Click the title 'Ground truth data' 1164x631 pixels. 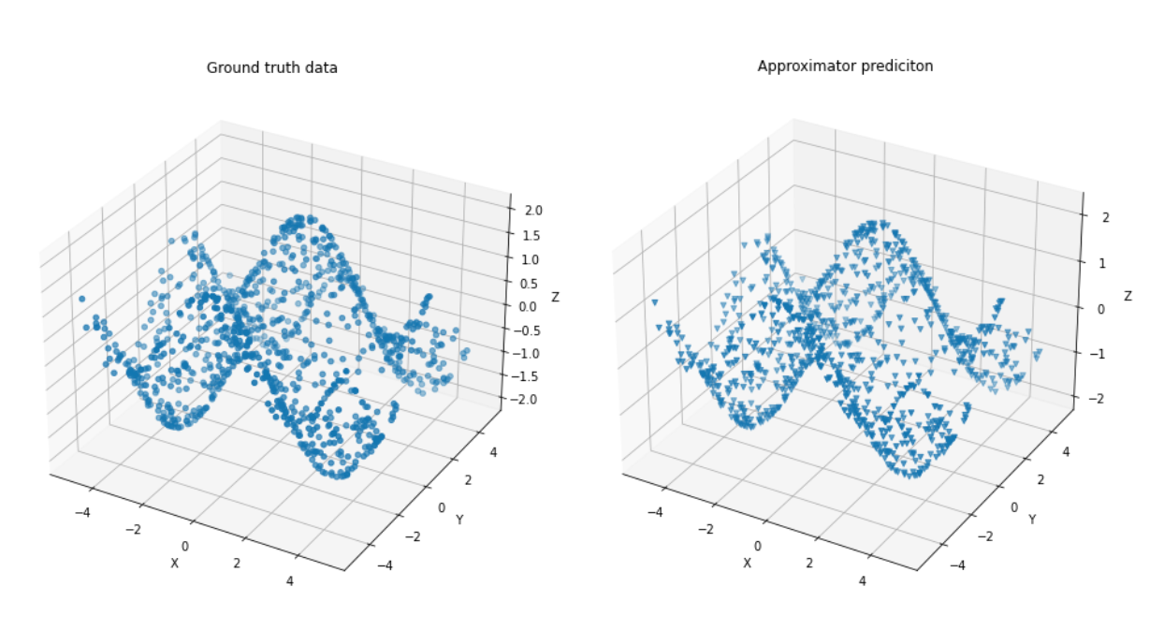[x=271, y=67]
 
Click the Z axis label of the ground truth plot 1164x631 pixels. [x=556, y=297]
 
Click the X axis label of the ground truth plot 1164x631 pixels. [x=174, y=563]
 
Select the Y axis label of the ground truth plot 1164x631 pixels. [x=459, y=519]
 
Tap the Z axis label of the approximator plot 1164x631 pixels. [x=1128, y=296]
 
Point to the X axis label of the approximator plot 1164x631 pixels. [x=747, y=563]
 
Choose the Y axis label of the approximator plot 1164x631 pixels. [x=1032, y=519]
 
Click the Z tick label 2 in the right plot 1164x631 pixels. [x=1105, y=217]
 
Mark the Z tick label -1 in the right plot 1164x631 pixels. [x=1101, y=353]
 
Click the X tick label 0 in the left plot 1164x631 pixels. [x=185, y=547]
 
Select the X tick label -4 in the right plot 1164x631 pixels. [x=655, y=512]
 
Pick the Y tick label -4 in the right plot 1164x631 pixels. [x=957, y=565]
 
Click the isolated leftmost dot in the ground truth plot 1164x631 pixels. [x=81, y=299]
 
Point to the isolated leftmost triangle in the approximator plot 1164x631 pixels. [x=654, y=302]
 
